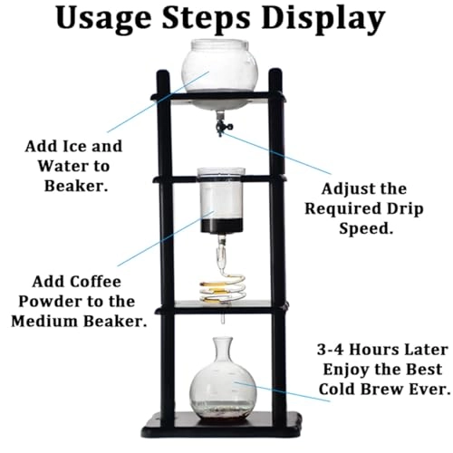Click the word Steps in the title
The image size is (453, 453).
[214, 21]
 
